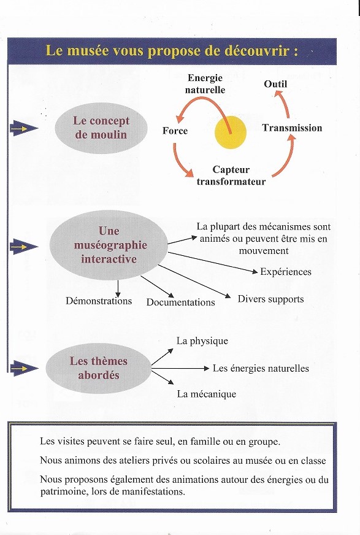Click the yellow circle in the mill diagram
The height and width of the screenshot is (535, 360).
click(x=230, y=133)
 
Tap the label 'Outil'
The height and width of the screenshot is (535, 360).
click(x=275, y=83)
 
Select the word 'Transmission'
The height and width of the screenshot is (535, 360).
click(x=292, y=128)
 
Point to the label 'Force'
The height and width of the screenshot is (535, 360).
click(x=175, y=131)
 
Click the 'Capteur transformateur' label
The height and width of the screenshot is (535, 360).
click(x=231, y=175)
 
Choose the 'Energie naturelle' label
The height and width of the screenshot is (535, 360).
click(x=205, y=84)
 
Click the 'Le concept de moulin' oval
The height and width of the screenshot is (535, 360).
click(x=101, y=128)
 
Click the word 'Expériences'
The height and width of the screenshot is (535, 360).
click(x=286, y=272)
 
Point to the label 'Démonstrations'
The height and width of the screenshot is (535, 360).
click(x=99, y=301)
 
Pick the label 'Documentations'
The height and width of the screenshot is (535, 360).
click(x=180, y=302)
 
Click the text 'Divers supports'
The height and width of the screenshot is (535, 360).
click(x=270, y=299)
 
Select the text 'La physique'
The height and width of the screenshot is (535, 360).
click(x=202, y=341)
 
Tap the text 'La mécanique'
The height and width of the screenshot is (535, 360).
click(x=206, y=394)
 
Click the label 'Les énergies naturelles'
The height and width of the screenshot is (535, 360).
click(x=261, y=368)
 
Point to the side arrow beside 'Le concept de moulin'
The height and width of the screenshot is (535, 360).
click(x=24, y=128)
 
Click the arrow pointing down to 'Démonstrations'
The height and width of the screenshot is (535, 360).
click(x=117, y=288)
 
